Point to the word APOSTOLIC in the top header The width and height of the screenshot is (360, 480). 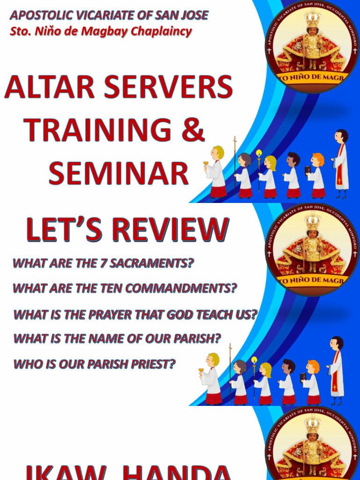(x=37, y=15)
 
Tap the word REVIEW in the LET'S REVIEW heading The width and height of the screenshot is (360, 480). (x=164, y=230)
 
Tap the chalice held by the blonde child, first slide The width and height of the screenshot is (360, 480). (x=205, y=164)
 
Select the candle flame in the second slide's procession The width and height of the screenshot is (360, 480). (x=255, y=360)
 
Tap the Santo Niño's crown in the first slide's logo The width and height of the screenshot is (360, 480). (x=312, y=19)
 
